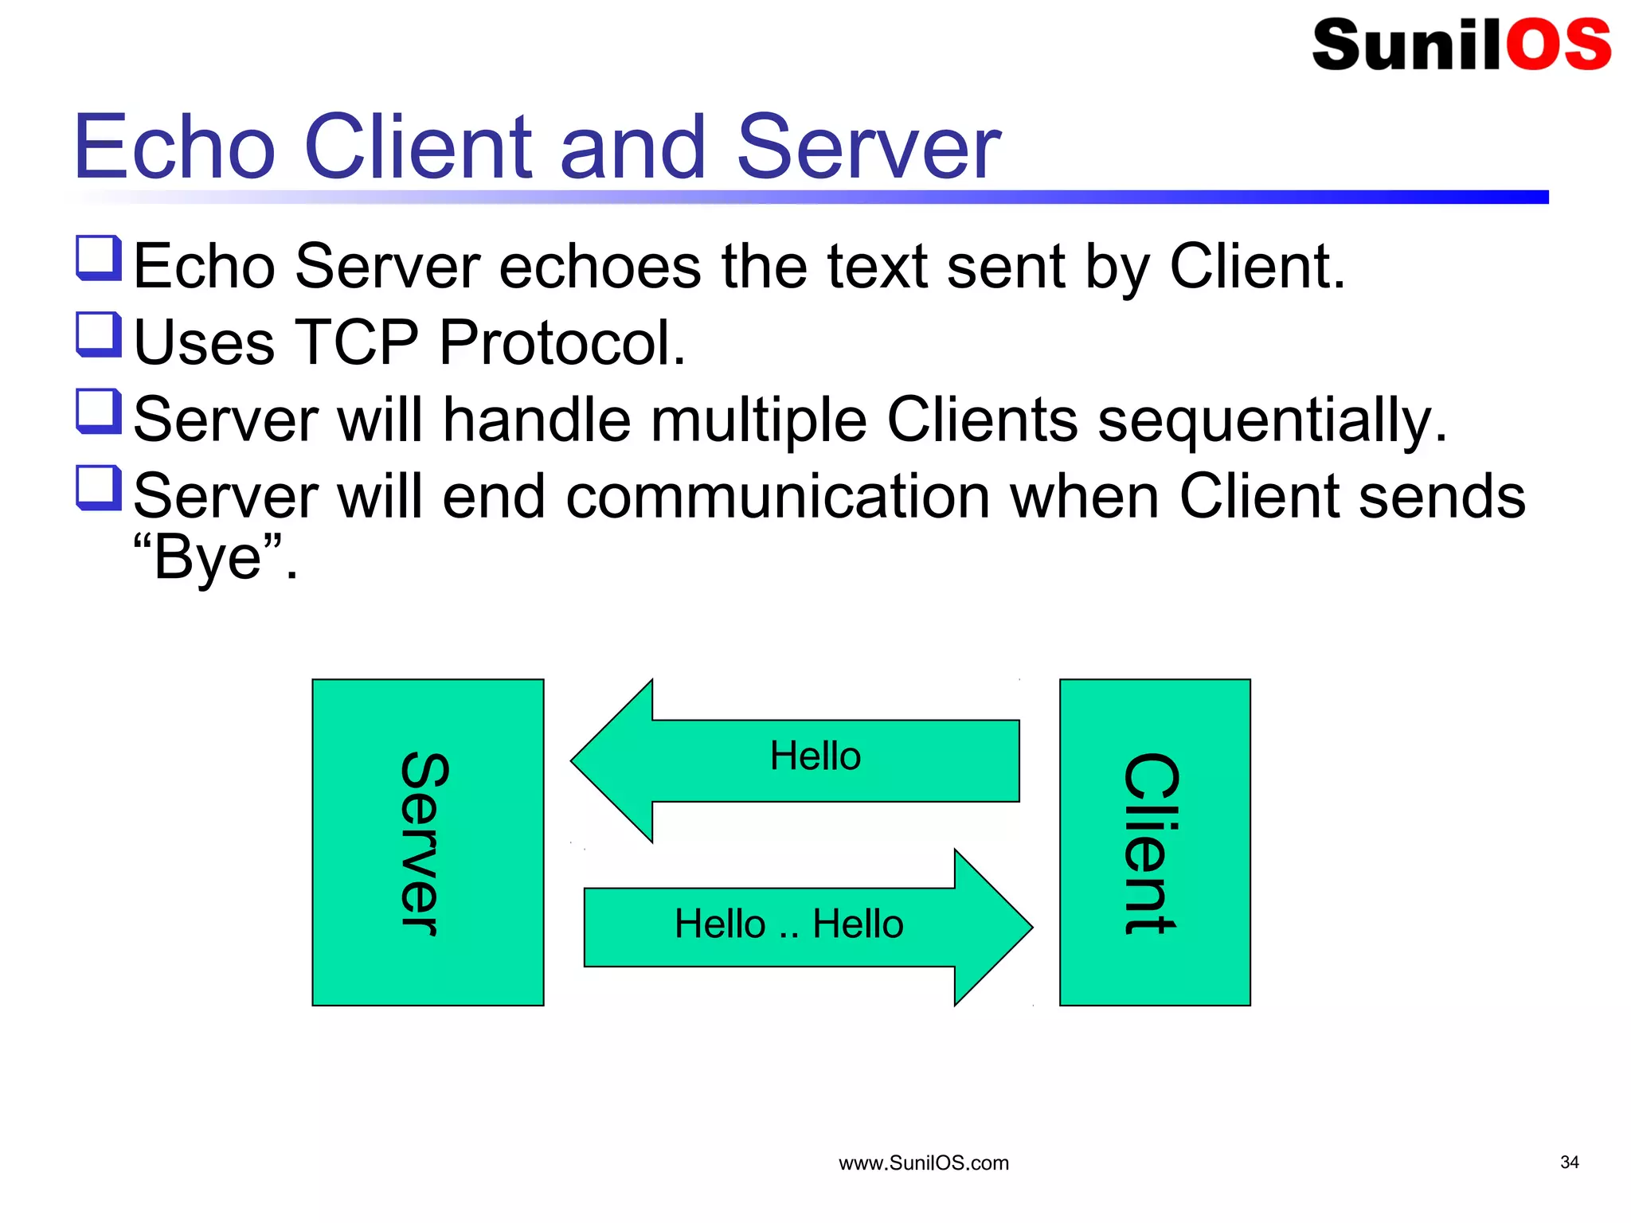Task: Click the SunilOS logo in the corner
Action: (x=1461, y=45)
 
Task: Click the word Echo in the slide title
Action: (x=174, y=147)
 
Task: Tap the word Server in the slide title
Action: (x=868, y=147)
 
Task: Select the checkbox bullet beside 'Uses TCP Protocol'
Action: (x=99, y=334)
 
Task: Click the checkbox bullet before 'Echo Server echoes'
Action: (x=99, y=258)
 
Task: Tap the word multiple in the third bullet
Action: (x=758, y=420)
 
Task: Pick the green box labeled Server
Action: (x=428, y=842)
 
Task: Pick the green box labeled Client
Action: (x=1155, y=842)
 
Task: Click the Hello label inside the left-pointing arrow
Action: (x=815, y=756)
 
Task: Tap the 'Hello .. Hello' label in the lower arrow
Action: (x=788, y=924)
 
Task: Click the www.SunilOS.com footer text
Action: (x=923, y=1163)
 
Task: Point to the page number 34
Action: (x=1569, y=1162)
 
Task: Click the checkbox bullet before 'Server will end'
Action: (x=99, y=488)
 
